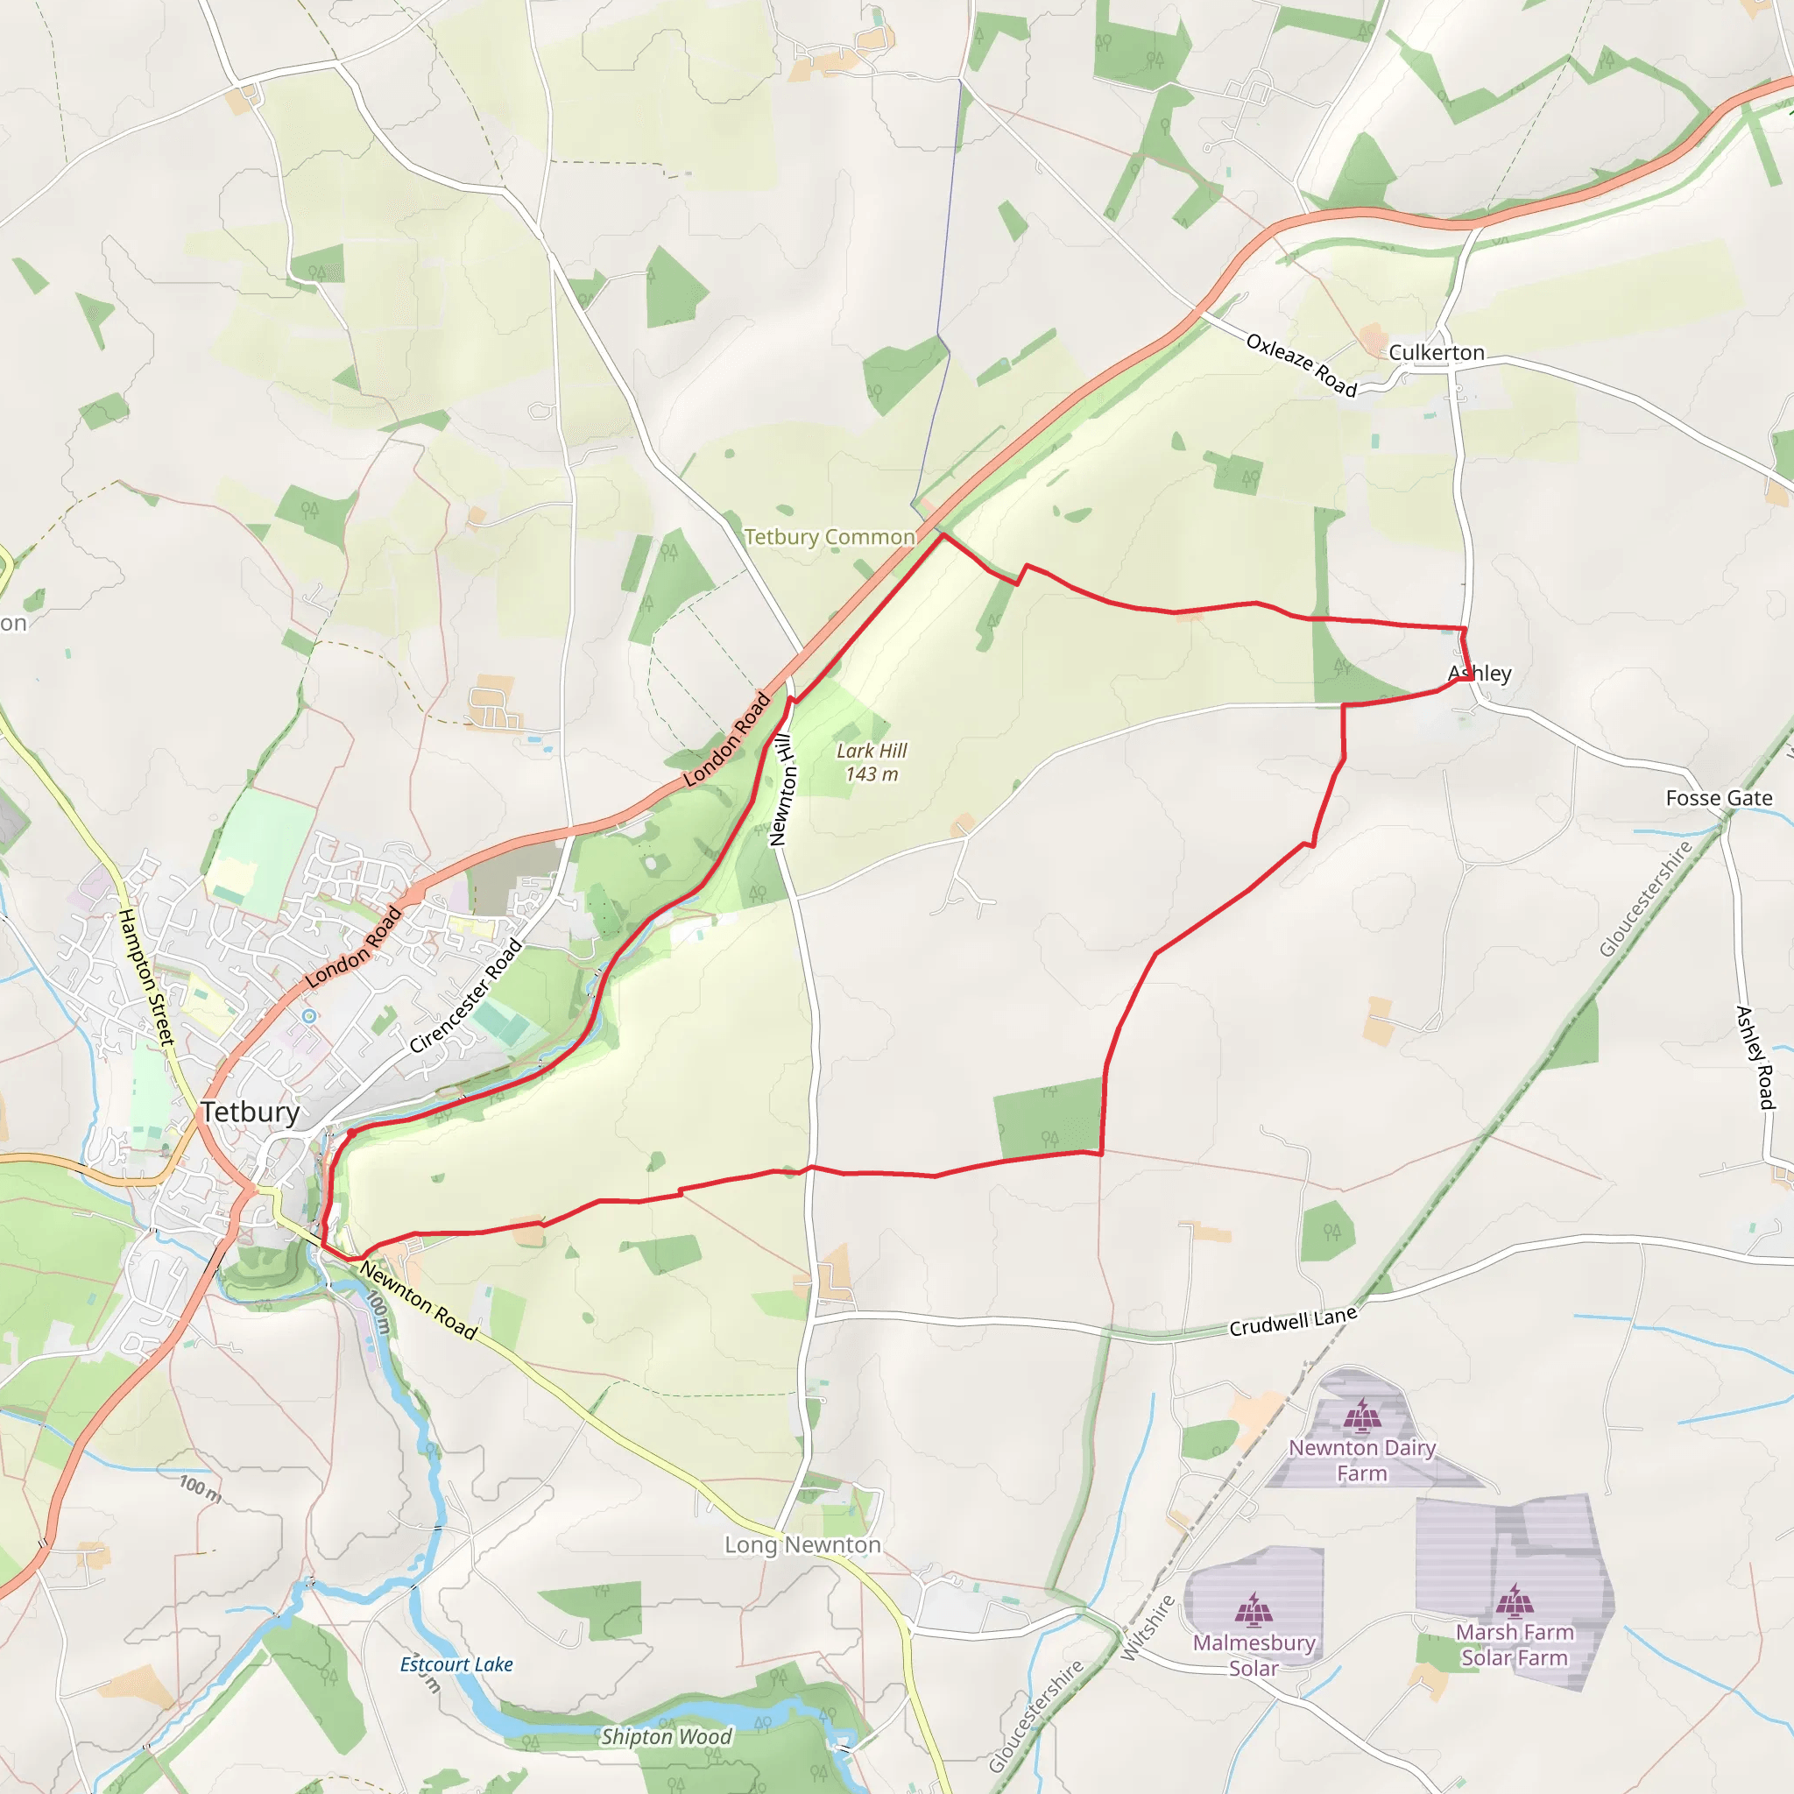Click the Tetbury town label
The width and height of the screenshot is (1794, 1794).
pos(251,1112)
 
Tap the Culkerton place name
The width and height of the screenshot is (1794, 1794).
pos(1437,353)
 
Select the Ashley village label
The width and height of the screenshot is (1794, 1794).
pos(1480,674)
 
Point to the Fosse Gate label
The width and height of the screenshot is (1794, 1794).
pos(1719,799)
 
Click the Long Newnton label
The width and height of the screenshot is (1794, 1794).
pos(802,1545)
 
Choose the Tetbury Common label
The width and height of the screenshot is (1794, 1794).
pos(830,537)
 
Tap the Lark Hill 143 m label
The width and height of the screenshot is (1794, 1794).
pos(872,762)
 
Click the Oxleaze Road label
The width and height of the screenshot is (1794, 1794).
pos(1302,365)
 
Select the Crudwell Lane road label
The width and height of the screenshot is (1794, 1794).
pos(1293,1321)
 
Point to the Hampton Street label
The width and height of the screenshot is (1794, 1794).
pos(146,977)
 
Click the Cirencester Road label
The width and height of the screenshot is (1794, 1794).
pos(466,996)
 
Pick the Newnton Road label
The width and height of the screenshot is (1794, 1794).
pos(419,1300)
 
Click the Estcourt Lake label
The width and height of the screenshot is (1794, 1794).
pos(456,1665)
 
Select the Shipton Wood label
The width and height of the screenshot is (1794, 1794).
pos(667,1736)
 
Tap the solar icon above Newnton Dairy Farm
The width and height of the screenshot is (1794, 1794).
pos(1361,1417)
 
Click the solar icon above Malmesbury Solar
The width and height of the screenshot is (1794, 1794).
pos(1254,1611)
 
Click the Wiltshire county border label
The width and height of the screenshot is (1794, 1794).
pos(1148,1628)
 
